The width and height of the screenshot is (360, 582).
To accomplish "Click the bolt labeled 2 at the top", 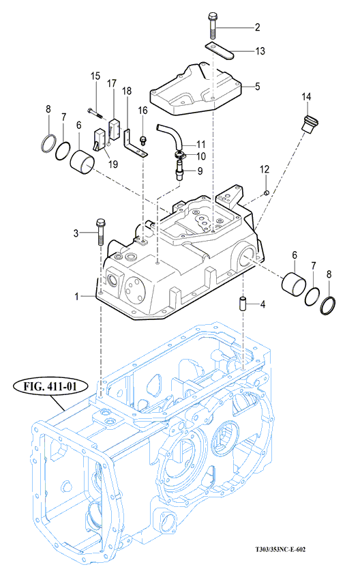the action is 213,25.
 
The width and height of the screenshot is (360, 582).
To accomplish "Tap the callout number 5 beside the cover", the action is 258,87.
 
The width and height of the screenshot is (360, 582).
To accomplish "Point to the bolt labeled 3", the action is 100,232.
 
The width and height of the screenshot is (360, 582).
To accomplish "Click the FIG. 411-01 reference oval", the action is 50,386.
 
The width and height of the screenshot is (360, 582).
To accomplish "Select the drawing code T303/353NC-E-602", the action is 280,550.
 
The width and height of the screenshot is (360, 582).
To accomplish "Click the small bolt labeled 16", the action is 142,141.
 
